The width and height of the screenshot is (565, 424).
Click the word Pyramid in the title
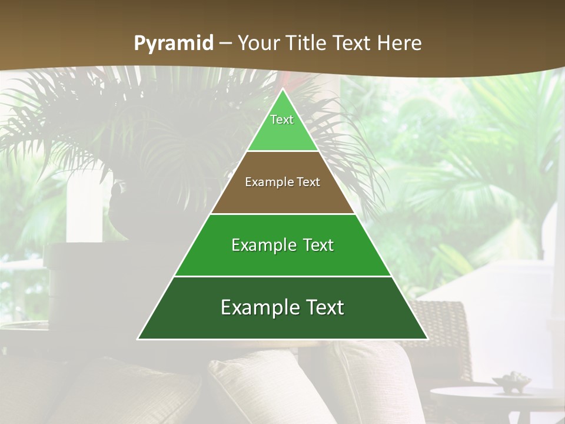click(x=173, y=43)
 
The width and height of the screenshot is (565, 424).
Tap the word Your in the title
click(x=259, y=43)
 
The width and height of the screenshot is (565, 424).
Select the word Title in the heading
click(x=305, y=43)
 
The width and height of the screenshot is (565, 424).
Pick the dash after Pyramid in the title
click(x=225, y=44)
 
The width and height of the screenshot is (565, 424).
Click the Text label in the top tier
click(x=282, y=120)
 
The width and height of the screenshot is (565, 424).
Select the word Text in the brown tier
click(x=309, y=182)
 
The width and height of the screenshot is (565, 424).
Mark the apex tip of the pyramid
click(x=282, y=90)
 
